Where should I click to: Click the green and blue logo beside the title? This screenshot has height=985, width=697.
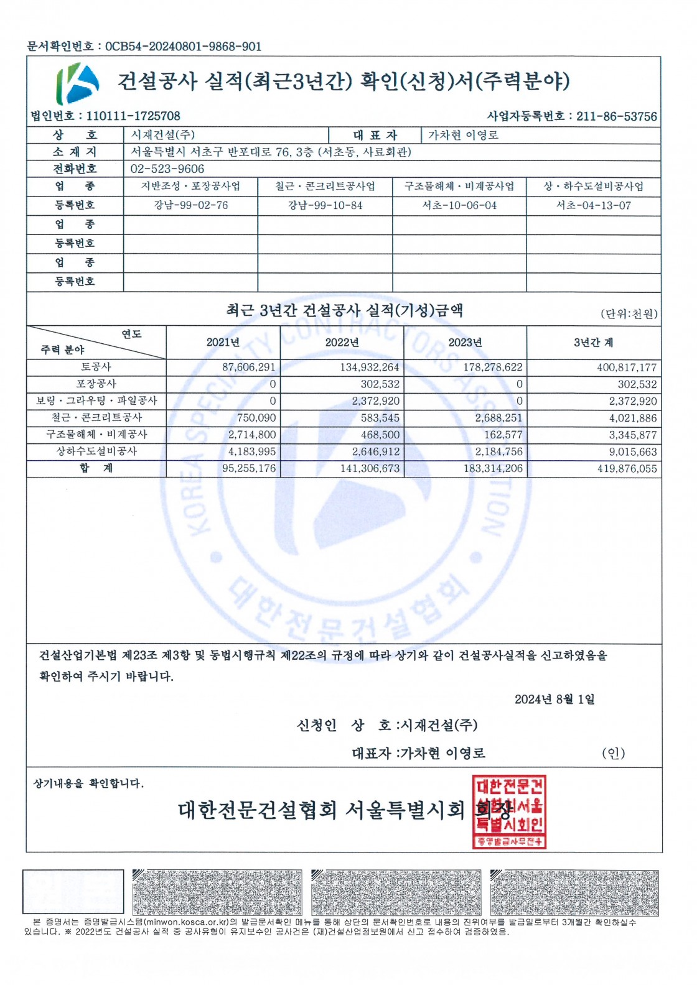click(x=78, y=83)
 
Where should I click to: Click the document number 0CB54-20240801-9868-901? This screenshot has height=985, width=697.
click(x=183, y=47)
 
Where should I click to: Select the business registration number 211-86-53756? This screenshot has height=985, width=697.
click(x=616, y=116)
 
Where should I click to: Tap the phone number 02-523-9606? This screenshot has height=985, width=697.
click(x=167, y=169)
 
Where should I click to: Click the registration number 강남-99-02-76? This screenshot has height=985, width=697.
click(x=191, y=205)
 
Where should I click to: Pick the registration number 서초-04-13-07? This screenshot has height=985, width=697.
click(x=593, y=205)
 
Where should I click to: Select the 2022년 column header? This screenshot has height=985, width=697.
click(x=342, y=343)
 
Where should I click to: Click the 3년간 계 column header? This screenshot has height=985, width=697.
click(x=593, y=343)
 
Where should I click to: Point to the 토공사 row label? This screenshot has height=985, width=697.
click(x=96, y=367)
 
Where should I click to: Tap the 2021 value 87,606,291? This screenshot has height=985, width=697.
click(x=248, y=368)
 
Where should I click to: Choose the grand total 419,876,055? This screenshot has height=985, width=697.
click(x=627, y=469)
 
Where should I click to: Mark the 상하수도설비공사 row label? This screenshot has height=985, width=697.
click(x=96, y=451)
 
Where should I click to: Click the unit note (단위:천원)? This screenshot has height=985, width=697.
click(x=629, y=314)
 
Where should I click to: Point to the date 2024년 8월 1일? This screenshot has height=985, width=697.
click(x=554, y=700)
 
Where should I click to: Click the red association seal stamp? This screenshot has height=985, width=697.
click(x=509, y=811)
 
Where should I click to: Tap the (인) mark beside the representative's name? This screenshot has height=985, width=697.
click(x=613, y=754)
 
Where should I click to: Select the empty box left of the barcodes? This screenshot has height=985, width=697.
click(x=73, y=892)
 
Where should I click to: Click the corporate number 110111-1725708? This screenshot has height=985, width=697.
click(x=133, y=116)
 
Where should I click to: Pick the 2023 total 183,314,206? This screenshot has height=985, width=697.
click(x=493, y=469)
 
